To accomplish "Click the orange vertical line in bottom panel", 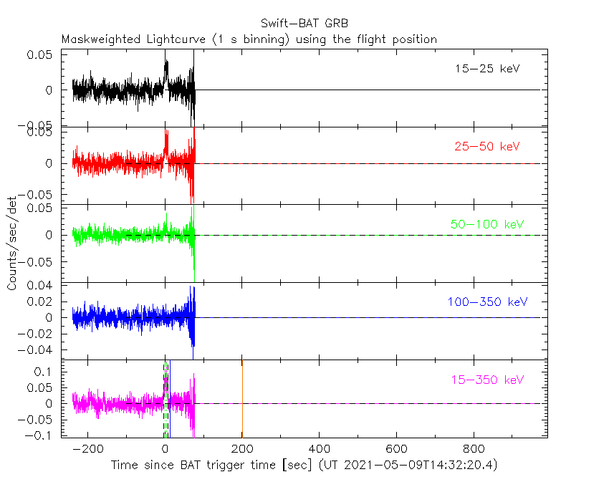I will click(242, 401).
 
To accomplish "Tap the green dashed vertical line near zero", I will click(166, 401).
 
